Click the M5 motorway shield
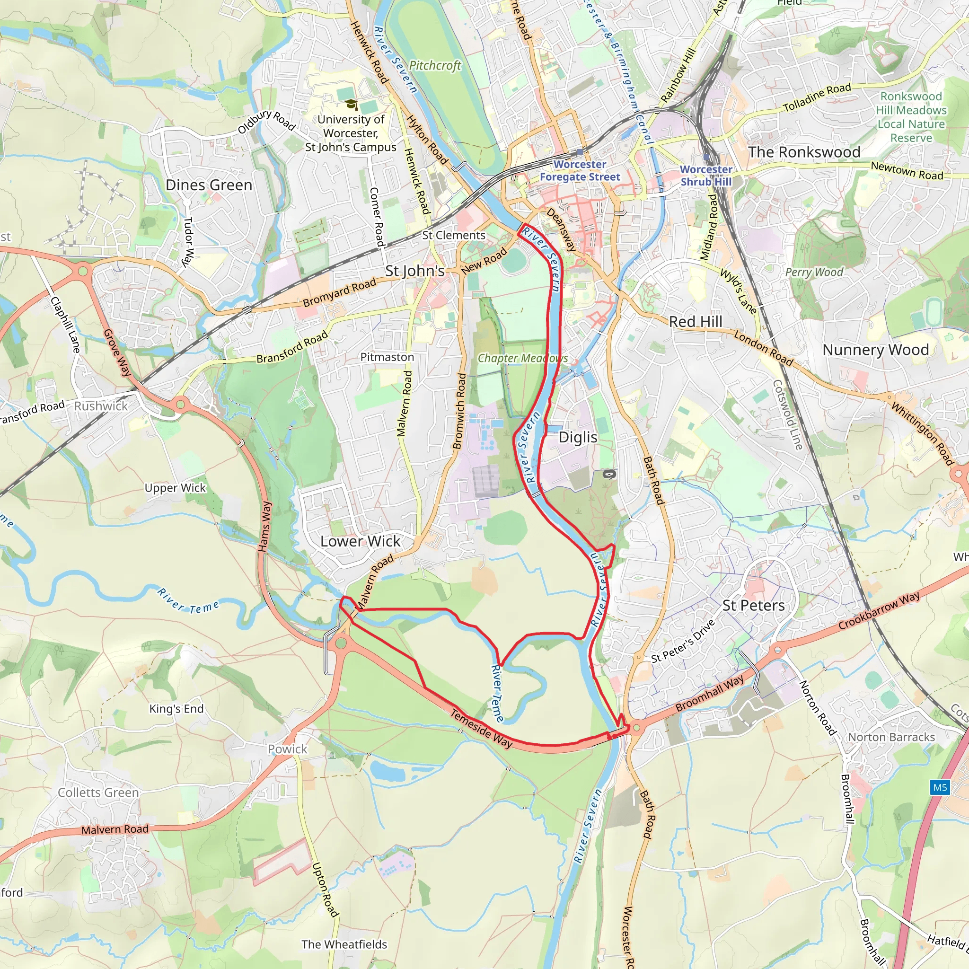pos(940,787)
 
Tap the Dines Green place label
pos(209,185)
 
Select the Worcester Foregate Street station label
pos(580,170)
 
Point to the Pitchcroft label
pos(435,66)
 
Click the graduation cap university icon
pos(351,104)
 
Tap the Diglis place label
pos(578,437)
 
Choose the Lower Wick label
pos(360,541)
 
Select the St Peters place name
pos(753,605)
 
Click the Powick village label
pos(287,749)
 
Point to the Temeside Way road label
pos(481,729)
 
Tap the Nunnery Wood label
pos(876,350)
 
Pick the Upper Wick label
pos(175,488)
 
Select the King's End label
pos(176,709)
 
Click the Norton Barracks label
pos(891,737)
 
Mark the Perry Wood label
pos(814,272)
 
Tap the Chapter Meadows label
pos(523,358)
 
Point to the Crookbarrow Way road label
pos(879,610)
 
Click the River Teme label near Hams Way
pos(188,600)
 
